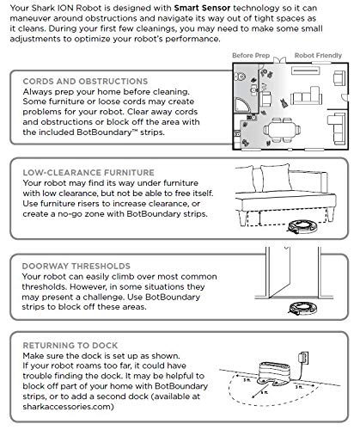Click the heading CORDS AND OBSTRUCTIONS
click(x=85, y=81)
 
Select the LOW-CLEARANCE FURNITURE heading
click(x=88, y=173)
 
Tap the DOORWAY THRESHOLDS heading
click(x=76, y=266)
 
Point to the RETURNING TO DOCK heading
click(x=70, y=346)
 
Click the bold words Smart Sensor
click(x=202, y=8)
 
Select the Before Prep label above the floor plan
click(x=251, y=56)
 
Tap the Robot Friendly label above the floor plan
click(x=318, y=56)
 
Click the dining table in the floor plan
click(x=282, y=131)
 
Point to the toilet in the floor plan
click(x=240, y=77)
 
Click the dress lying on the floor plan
click(x=284, y=103)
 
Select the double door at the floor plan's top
click(x=279, y=60)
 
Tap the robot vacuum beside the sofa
click(x=303, y=226)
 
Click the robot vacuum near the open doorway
click(x=303, y=309)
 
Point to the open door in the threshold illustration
click(x=279, y=273)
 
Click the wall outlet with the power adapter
click(x=303, y=359)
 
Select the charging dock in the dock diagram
click(x=274, y=373)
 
